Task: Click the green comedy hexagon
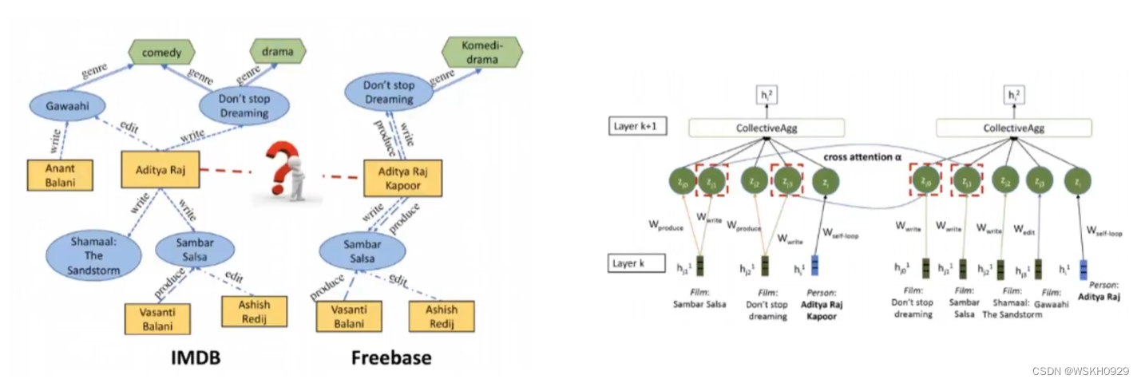157,53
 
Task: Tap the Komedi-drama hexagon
481,54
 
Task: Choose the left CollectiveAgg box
767,128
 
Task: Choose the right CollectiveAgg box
1013,128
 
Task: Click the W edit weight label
1024,228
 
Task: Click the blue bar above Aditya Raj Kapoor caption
814,267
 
